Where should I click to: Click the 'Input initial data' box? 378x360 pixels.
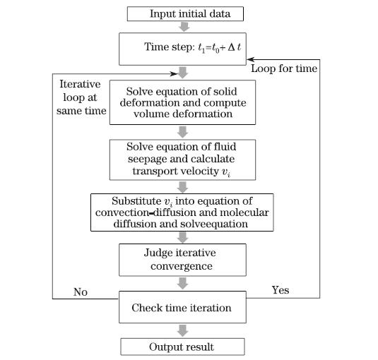click(185, 13)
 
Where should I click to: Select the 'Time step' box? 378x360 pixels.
click(182, 49)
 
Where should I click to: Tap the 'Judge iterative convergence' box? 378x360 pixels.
click(182, 260)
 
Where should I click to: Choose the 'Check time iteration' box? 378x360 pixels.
click(182, 307)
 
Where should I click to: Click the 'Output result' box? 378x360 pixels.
click(182, 347)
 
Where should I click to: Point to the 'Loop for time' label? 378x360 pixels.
click(284, 68)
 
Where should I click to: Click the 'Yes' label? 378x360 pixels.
click(280, 290)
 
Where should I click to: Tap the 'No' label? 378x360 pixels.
click(81, 292)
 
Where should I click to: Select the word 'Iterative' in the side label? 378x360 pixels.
click(80, 84)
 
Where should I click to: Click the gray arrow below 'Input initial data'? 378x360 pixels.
click(184, 27)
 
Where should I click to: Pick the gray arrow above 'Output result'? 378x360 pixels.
click(182, 330)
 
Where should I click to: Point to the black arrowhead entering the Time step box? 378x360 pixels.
click(250, 59)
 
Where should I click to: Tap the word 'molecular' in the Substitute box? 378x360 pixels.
click(244, 212)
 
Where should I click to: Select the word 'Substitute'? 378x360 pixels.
click(136, 201)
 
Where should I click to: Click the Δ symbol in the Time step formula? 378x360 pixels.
click(231, 47)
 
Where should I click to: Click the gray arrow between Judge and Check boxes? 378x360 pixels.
click(182, 284)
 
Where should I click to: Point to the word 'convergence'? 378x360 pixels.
click(182, 267)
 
